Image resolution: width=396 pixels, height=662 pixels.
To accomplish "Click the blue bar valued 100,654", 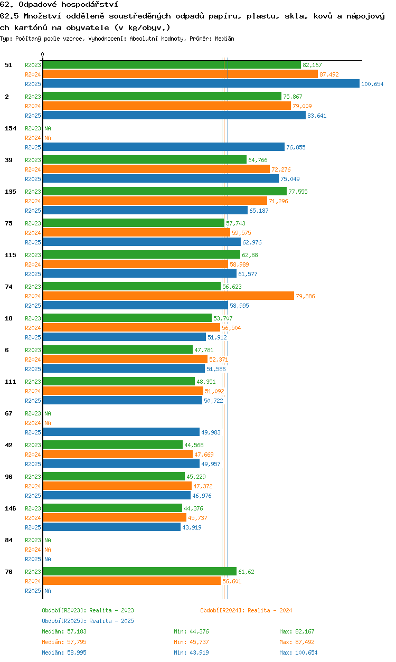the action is click(201, 83).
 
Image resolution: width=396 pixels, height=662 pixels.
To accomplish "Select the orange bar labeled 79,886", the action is click(168, 296).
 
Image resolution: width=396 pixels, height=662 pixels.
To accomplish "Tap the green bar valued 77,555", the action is click(165, 191).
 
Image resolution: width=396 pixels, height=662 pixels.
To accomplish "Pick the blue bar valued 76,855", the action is click(164, 147).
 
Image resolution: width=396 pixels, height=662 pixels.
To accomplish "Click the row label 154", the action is click(11, 128).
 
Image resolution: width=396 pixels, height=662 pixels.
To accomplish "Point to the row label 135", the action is click(11, 192).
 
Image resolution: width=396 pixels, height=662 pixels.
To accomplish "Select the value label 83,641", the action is click(317, 116).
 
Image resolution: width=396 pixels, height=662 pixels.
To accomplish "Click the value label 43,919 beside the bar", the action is click(192, 527).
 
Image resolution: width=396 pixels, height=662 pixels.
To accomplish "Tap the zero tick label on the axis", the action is click(43, 54).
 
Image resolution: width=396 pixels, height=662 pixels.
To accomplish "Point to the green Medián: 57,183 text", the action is click(64, 631).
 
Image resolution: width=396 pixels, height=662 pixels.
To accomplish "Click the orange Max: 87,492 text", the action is click(297, 642).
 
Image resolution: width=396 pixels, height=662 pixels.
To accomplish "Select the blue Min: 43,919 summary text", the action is click(191, 652).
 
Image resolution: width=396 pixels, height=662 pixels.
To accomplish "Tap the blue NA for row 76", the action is click(48, 591).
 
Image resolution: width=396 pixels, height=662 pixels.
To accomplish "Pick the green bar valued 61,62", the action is click(140, 571).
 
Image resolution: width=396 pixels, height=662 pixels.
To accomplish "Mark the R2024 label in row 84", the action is click(33, 550).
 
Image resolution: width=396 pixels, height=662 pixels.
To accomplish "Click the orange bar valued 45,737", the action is click(115, 517).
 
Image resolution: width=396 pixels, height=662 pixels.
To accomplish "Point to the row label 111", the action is click(11, 382).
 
